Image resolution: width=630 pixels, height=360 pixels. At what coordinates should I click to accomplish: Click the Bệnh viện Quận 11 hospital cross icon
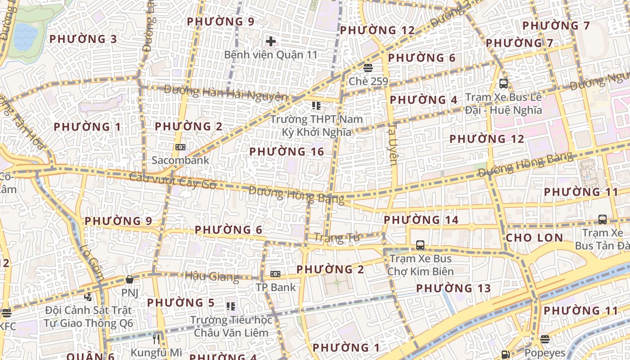click(x=270, y=41)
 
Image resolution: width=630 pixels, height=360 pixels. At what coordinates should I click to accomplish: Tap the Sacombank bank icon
click(x=180, y=147)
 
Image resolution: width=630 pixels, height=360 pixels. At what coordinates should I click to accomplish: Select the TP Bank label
click(x=276, y=287)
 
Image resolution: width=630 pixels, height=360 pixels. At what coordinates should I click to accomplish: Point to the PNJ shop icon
click(x=130, y=279)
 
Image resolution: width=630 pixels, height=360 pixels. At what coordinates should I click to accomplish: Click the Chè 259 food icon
click(x=368, y=68)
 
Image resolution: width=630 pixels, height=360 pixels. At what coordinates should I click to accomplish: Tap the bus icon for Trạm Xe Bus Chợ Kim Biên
click(x=420, y=245)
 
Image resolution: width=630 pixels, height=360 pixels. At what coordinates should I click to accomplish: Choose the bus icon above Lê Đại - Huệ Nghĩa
click(x=504, y=83)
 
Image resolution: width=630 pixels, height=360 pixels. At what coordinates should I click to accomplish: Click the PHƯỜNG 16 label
click(x=287, y=152)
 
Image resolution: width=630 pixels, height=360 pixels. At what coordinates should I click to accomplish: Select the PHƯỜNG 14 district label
click(x=421, y=220)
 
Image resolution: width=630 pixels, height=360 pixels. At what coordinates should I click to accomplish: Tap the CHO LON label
click(x=534, y=238)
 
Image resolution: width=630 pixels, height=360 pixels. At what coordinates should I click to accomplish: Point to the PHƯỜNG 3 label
click(x=83, y=39)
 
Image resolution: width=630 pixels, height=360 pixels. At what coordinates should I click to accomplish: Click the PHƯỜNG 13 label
click(x=453, y=288)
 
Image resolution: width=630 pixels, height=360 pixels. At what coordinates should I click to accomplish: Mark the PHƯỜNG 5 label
click(x=181, y=302)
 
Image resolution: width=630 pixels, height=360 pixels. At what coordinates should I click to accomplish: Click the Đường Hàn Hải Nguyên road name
click(x=225, y=93)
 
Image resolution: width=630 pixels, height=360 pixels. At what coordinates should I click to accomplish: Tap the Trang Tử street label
click(x=337, y=237)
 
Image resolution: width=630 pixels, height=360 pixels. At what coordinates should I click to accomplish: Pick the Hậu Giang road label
click(x=211, y=276)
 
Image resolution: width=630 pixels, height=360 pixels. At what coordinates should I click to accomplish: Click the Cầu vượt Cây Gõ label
click(x=172, y=180)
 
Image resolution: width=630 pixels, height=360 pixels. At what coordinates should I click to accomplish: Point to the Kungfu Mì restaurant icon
click(x=157, y=339)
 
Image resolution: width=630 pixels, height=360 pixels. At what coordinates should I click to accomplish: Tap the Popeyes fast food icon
click(x=545, y=339)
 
